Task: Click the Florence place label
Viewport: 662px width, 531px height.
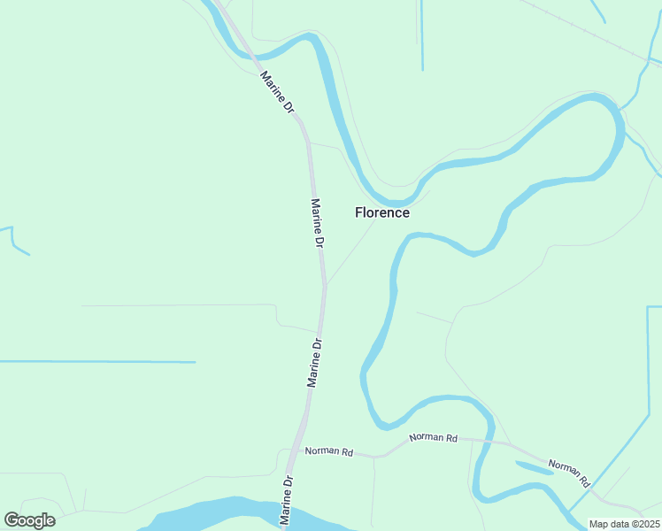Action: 382,212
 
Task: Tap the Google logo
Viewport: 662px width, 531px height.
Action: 29,520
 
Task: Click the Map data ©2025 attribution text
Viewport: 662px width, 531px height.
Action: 624,524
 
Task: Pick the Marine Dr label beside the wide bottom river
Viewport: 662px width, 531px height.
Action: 287,502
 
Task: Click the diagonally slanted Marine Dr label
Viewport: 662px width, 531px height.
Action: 277,93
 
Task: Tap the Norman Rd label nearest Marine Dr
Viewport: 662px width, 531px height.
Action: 329,452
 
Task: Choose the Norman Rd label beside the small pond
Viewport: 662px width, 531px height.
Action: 568,473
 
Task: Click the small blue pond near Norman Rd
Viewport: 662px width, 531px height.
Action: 534,467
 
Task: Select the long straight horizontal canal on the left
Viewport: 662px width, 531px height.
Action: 97,362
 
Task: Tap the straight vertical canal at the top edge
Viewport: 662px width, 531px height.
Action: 422,35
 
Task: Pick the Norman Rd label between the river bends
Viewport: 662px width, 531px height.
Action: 434,437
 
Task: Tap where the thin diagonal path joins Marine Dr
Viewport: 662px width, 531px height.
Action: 326,286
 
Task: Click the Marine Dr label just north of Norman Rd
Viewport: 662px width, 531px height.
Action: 314,361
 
